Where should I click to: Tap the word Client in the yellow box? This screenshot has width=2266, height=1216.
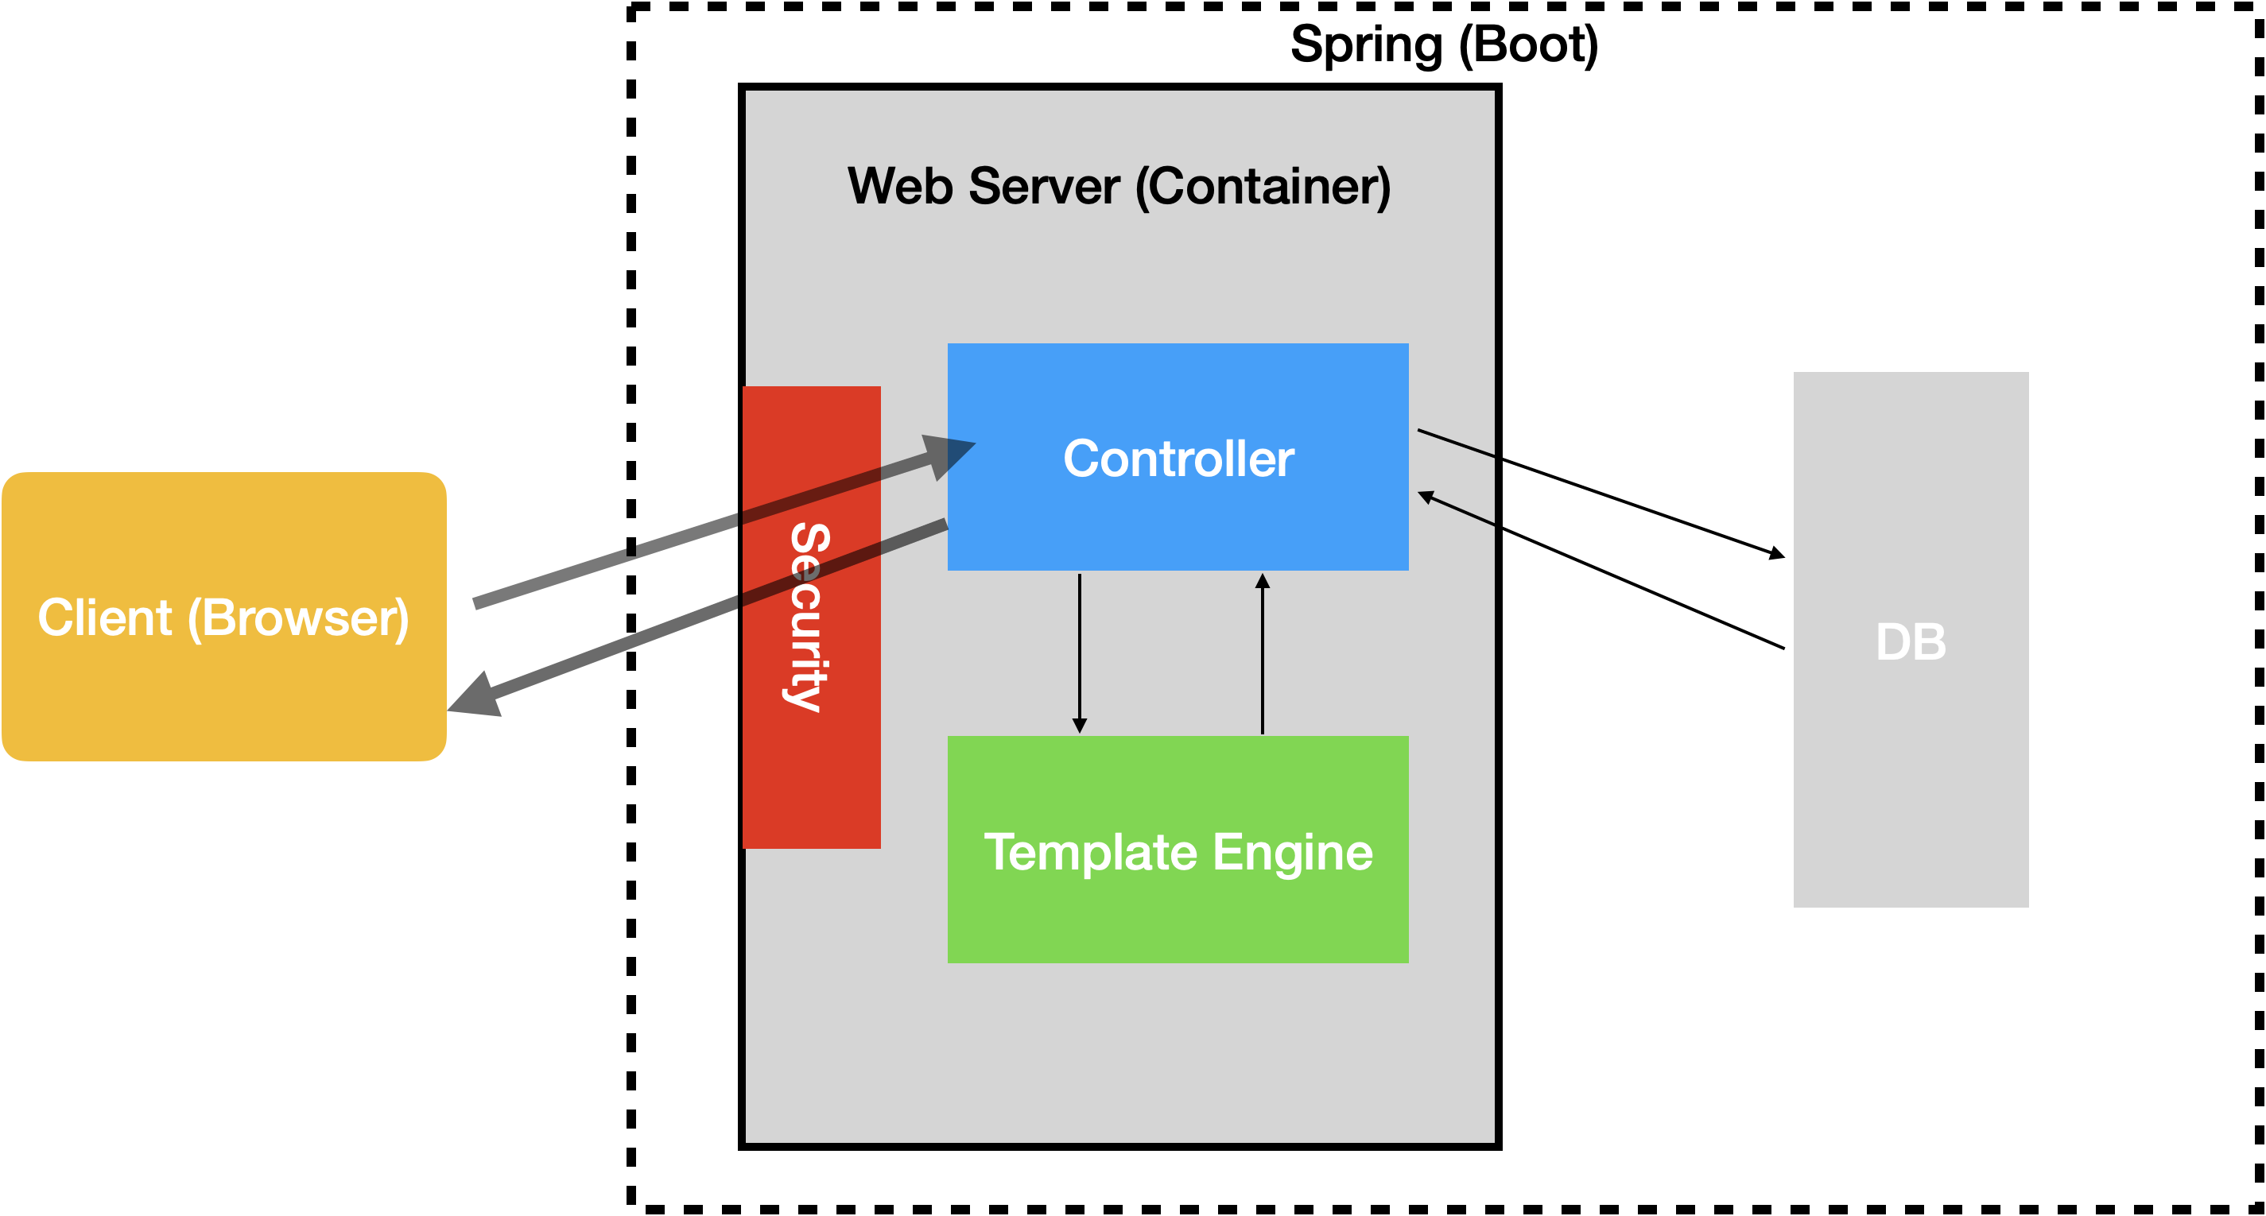104,618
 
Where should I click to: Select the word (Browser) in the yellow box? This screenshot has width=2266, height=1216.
298,618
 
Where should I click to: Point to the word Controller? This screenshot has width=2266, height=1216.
1178,458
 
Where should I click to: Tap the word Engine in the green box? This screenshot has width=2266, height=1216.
1292,852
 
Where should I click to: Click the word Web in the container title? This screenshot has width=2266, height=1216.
900,187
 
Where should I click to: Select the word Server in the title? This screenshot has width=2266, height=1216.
1044,187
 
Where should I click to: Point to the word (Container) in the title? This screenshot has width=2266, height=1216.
1263,187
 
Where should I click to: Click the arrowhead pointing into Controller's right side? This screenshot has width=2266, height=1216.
1427,498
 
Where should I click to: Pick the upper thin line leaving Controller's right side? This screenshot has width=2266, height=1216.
1456,443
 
